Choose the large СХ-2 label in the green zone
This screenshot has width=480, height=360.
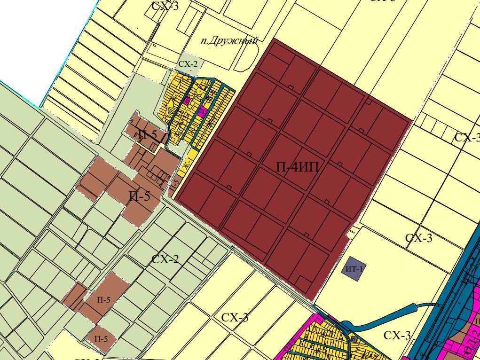[x=165, y=259]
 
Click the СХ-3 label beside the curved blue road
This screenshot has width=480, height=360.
[x=397, y=335]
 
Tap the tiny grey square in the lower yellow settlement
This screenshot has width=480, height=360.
[x=353, y=339]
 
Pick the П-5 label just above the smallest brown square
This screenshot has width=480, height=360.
[x=103, y=300]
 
